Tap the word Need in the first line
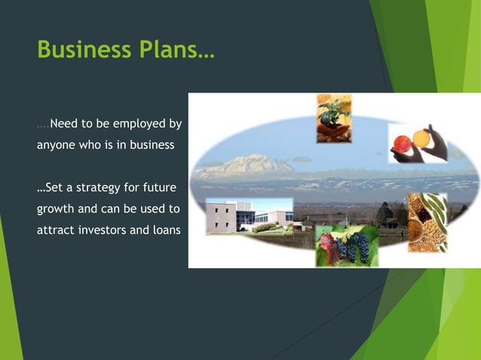[x=65, y=124]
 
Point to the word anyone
[x=57, y=145]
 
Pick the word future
[x=159, y=188]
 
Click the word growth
[x=56, y=209]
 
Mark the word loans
[x=165, y=230]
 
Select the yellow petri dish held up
[x=421, y=139]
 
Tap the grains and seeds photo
[x=427, y=222]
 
